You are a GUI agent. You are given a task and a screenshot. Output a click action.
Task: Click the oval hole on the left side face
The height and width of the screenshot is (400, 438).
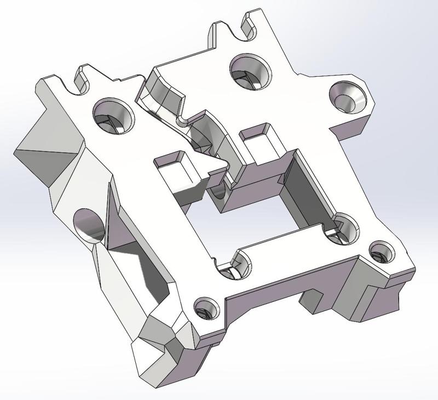tap(89, 225)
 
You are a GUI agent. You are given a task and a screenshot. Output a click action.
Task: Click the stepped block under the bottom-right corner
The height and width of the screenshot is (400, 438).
tap(378, 296)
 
